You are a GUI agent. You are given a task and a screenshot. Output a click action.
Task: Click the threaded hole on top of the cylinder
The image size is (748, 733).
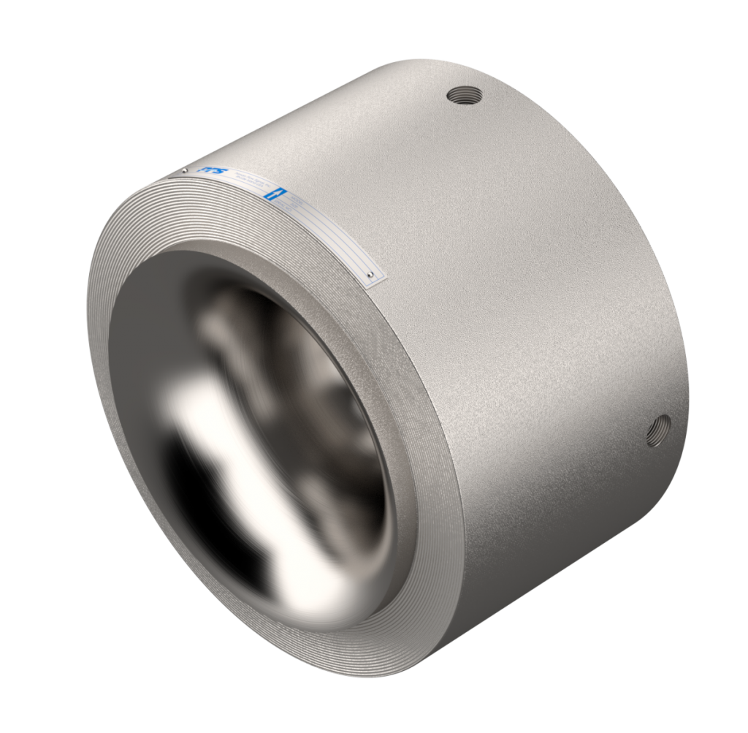point(465,95)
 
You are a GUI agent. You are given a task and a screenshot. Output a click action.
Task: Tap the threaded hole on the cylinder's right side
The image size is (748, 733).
point(659,428)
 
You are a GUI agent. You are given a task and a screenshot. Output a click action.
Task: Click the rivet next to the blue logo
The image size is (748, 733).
point(186,171)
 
